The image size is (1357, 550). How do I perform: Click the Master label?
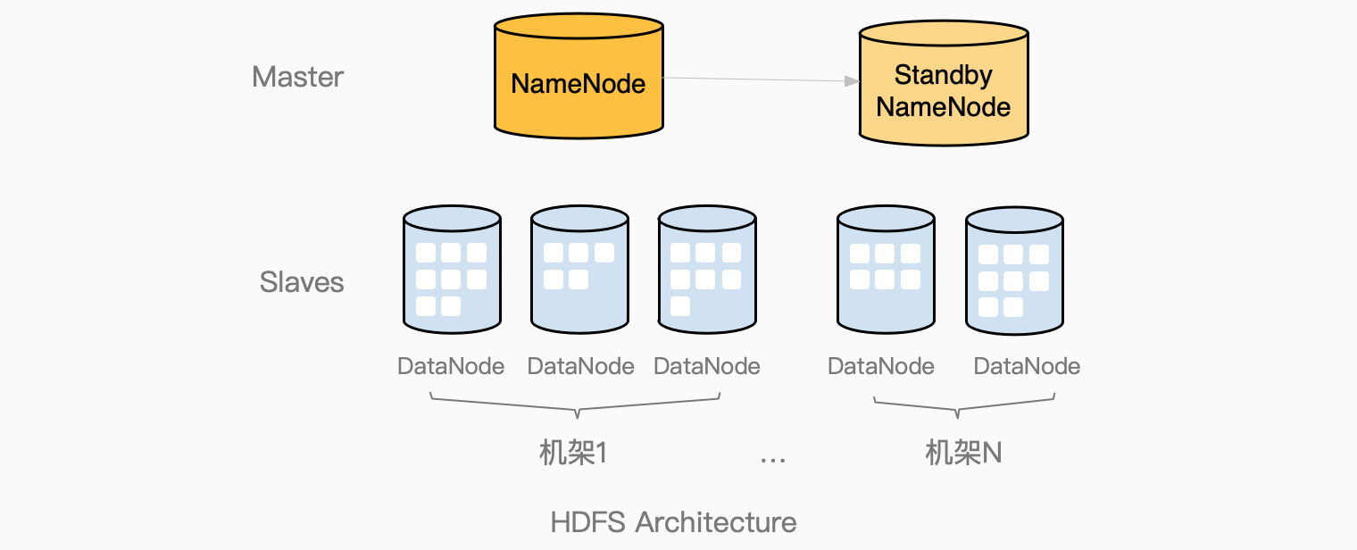pos(297,77)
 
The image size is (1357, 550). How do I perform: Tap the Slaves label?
pos(302,282)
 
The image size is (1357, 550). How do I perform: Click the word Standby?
pos(943,75)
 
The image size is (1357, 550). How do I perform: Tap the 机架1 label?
pos(573,454)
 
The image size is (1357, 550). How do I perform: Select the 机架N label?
pos(963,454)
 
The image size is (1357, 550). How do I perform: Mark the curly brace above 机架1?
pos(576,406)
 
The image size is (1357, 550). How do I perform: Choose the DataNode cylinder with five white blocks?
pos(579,270)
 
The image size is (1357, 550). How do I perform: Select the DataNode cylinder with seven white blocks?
pos(707,270)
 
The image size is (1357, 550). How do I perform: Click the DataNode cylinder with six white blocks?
pos(886,270)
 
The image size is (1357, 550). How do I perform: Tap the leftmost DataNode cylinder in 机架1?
pos(452,270)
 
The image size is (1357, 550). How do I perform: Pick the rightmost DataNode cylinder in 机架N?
pos(1014,270)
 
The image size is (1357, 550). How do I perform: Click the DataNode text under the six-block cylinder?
pos(881,366)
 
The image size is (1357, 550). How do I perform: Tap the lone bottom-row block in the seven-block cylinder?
pos(680,306)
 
